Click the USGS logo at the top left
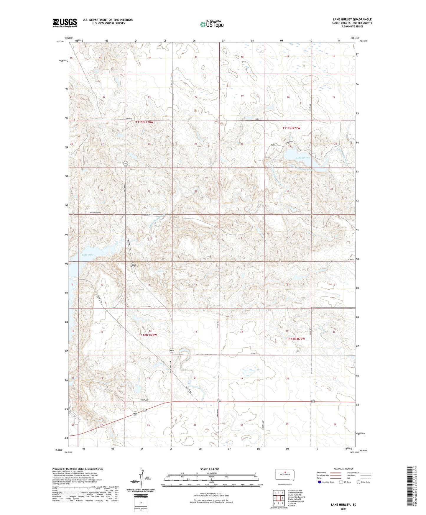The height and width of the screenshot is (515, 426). pos(65,23)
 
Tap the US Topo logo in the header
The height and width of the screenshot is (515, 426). pos(211,24)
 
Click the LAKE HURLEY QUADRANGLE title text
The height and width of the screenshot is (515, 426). pos(348,19)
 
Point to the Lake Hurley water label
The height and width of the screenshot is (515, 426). pos(303,158)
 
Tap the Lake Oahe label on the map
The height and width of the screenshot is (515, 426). pos(88,255)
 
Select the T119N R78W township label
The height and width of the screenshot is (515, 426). pos(144,122)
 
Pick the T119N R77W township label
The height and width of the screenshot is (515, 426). pos(291,128)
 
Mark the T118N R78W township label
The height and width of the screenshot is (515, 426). pos(148,335)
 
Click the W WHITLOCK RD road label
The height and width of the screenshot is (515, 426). pos(95,213)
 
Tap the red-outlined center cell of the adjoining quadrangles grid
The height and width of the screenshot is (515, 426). pos(279,498)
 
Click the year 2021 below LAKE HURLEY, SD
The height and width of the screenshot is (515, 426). pos(343,509)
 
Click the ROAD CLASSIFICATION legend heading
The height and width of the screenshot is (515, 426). pos(344,469)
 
